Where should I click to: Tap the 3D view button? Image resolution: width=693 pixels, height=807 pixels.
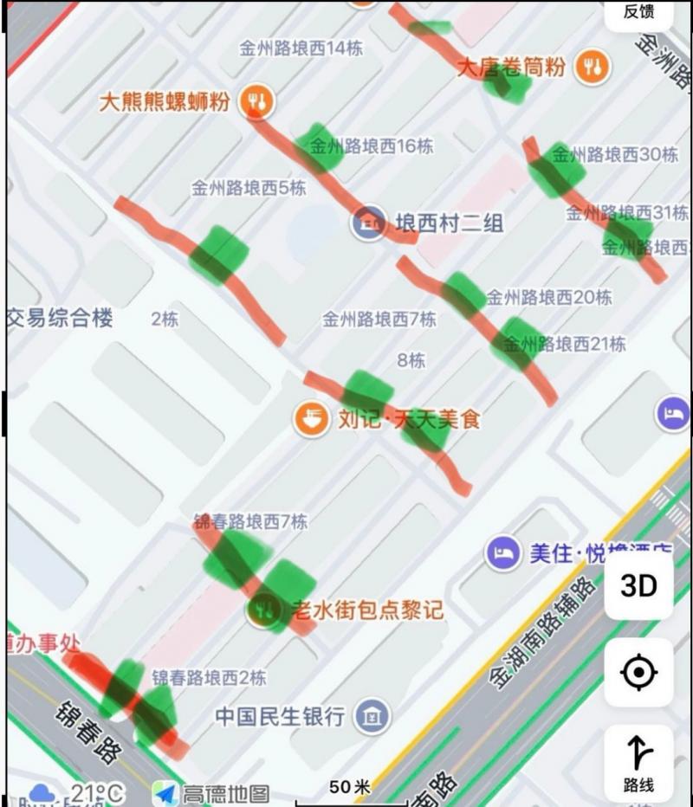638,586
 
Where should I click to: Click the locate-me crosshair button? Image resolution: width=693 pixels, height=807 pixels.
638,672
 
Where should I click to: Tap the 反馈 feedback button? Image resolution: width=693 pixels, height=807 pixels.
638,12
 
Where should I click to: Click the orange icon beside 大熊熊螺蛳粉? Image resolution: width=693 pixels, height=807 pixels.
256,101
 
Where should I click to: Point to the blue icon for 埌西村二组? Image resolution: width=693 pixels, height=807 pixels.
369,223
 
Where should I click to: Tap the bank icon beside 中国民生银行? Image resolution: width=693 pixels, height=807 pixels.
372,716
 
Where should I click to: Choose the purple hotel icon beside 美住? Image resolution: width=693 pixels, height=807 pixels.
503,552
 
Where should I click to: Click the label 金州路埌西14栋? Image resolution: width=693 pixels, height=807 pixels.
301,48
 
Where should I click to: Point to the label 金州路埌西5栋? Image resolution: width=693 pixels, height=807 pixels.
249,187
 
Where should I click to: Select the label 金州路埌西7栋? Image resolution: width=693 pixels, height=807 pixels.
379,320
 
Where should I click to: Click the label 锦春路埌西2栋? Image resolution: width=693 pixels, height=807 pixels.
209,677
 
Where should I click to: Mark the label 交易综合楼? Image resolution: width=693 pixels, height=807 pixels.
61,318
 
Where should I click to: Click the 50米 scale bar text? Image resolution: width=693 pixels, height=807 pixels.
350,787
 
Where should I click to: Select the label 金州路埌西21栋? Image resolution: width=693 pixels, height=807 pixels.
564,344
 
